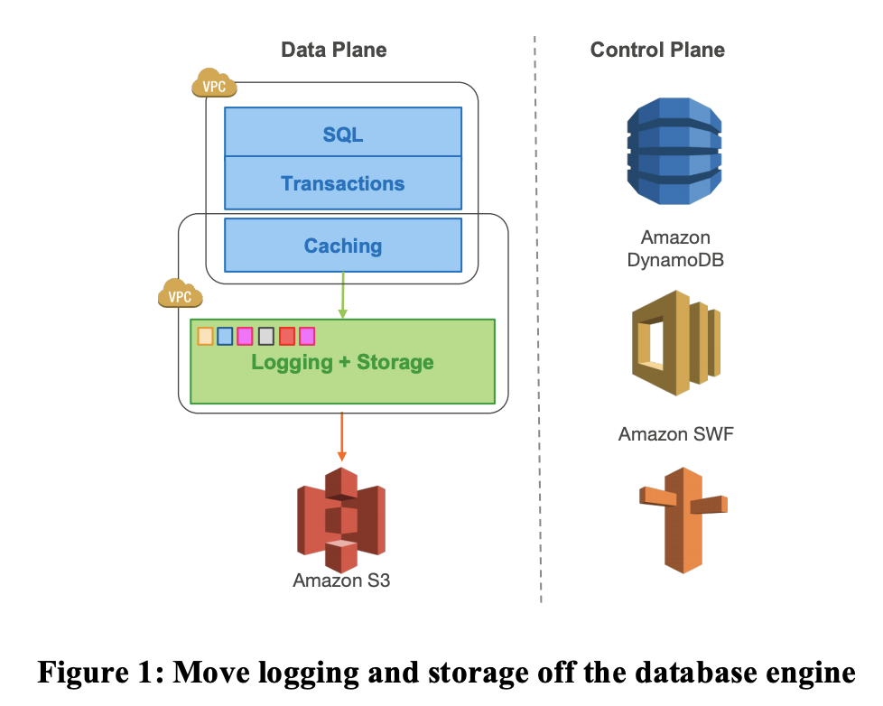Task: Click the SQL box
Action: point(343,134)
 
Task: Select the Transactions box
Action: point(343,183)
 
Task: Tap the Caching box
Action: point(343,246)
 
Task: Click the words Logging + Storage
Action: point(343,363)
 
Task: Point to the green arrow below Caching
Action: point(343,294)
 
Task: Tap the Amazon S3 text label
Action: point(341,581)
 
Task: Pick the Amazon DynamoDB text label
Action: point(675,249)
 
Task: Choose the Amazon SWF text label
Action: point(675,434)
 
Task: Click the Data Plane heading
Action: point(334,50)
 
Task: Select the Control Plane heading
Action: point(657,50)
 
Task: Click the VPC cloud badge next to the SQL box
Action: point(214,85)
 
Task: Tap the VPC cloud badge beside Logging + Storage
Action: point(180,294)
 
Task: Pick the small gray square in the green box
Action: point(266,336)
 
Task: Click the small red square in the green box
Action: point(287,336)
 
